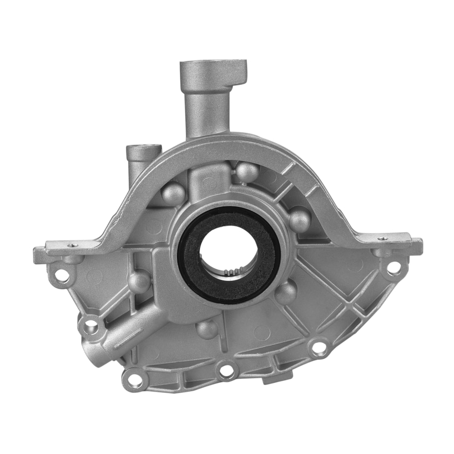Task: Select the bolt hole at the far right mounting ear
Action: (394, 267)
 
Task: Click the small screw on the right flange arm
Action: (384, 238)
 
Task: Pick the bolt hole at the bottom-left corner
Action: (133, 377)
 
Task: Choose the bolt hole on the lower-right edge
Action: (319, 347)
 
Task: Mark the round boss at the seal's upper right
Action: (300, 219)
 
